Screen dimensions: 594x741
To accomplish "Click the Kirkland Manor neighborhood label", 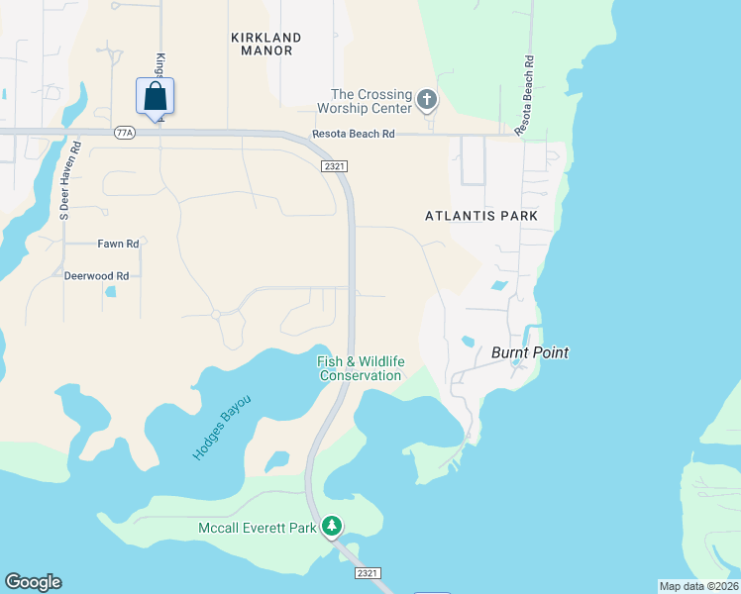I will pos(265,44).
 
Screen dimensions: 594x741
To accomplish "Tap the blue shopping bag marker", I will pos(155,97).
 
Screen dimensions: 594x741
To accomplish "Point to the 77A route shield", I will pos(124,134).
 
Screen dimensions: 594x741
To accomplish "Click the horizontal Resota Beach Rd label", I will pos(354,134).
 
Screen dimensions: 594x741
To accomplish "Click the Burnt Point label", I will pos(530,352).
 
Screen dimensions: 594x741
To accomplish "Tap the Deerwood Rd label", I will pos(96,276).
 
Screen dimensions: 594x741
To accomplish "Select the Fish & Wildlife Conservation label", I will pos(360,368).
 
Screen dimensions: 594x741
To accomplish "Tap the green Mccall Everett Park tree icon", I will pos(335,527).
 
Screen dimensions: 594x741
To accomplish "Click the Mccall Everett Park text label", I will pos(257,528).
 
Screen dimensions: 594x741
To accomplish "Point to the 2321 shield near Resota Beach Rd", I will pos(334,167).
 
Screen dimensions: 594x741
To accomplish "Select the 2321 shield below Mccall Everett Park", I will pos(366,573).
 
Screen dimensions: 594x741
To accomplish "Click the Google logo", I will pos(33,582).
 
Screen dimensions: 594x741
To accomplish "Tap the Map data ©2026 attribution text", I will pos(698,586).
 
